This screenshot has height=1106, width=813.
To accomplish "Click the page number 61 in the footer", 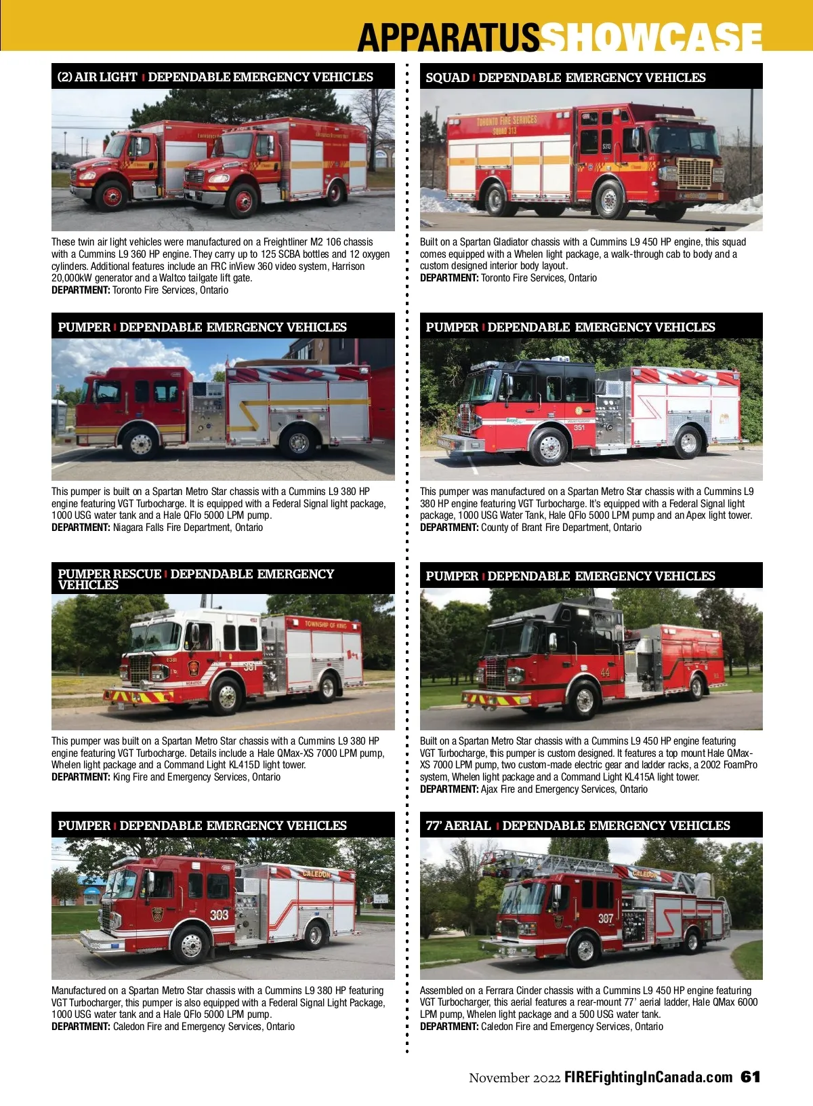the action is coord(750,1077).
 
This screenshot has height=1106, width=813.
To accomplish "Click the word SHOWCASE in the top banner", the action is coord(651,37).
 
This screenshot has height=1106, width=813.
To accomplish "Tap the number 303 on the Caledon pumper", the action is coord(219,915).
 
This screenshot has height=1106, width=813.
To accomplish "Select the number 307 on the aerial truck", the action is coord(605,918).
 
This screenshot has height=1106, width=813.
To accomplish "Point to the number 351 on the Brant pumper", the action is coord(579,428).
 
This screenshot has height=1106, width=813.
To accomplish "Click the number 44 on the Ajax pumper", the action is coord(605,673).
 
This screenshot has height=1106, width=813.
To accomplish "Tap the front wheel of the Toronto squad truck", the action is coord(610,200).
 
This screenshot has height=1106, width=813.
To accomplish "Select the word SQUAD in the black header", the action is coord(447,77).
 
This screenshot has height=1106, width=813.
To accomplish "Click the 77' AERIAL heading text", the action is coord(458,825).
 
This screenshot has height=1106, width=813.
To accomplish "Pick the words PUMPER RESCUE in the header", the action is coord(110,574).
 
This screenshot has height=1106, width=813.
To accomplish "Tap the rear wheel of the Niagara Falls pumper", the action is coord(298,442).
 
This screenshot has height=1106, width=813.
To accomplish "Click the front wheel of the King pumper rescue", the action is coord(227,695).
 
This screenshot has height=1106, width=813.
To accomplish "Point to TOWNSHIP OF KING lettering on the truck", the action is coord(325,625).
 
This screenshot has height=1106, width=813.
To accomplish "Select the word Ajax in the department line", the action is coord(489,789).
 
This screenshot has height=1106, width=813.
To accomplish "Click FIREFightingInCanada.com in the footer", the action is coord(648,1078).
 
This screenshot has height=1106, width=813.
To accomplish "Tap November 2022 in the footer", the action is coord(514,1078).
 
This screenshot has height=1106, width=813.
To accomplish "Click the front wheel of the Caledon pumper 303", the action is coord(192,945).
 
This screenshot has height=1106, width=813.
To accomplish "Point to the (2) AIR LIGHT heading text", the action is coord(97,77).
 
